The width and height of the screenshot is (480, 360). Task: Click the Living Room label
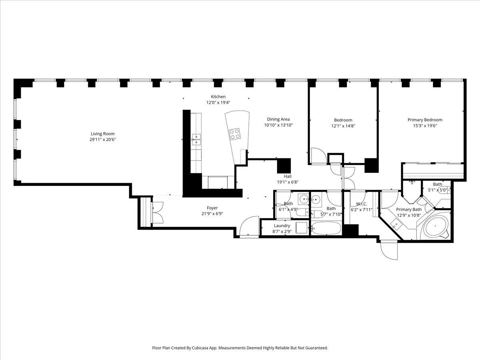[102, 134]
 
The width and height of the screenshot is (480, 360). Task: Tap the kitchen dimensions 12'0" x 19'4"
[218, 102]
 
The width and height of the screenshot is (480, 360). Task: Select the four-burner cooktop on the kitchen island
[235, 134]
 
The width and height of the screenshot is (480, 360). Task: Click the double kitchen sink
[196, 140]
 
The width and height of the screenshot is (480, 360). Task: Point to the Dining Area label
[278, 119]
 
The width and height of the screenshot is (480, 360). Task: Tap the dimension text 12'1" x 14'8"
[343, 126]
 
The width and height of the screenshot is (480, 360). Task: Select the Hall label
[288, 176]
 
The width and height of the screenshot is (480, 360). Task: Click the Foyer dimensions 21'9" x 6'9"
[212, 214]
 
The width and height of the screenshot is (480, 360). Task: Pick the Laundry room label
[282, 226]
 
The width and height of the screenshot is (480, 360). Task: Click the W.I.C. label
[362, 204]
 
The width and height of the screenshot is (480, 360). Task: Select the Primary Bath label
[409, 209]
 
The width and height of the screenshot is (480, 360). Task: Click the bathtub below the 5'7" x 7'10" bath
[326, 228]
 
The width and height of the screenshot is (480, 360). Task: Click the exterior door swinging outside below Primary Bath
[389, 250]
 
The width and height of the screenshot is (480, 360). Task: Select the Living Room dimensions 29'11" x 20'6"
[102, 140]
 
